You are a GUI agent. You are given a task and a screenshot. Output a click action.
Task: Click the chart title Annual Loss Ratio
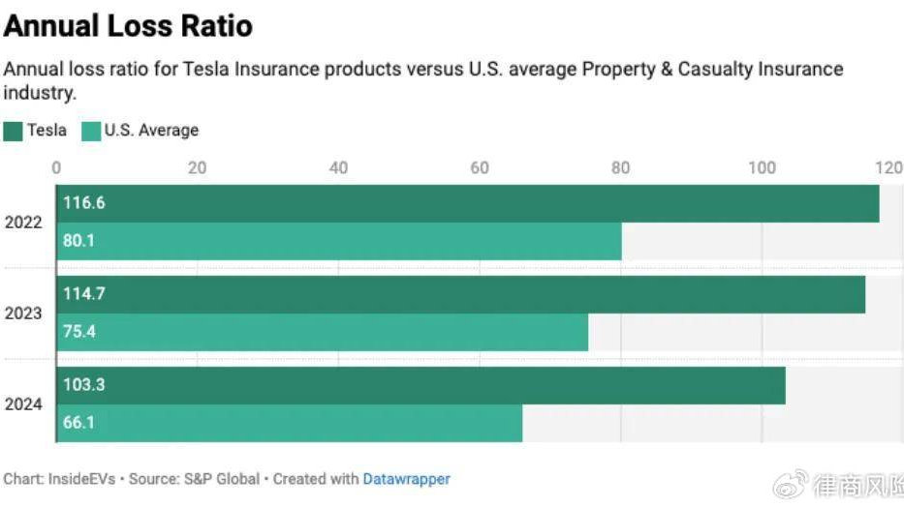click(x=128, y=25)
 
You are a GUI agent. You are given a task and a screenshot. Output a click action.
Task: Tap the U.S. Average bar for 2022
click(x=338, y=241)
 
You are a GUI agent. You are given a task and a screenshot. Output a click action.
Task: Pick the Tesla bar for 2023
click(x=460, y=294)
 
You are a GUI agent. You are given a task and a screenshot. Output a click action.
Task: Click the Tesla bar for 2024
click(x=421, y=385)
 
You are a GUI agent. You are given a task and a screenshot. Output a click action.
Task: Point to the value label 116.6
click(x=84, y=203)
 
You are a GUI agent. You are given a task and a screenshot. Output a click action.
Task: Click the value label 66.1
click(x=79, y=423)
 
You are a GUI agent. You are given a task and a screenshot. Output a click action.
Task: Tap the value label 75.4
click(x=79, y=332)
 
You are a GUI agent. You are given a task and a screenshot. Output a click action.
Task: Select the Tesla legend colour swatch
click(x=13, y=131)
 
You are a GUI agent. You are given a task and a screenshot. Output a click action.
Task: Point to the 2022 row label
click(x=23, y=223)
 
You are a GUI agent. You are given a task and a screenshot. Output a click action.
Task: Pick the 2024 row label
click(x=23, y=404)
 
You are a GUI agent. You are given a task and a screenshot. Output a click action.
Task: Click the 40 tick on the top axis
click(x=338, y=167)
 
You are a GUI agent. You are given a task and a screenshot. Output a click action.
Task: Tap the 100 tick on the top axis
click(x=762, y=167)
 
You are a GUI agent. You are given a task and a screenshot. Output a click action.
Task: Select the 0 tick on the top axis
click(x=56, y=167)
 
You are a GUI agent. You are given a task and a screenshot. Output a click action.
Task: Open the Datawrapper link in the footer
click(x=406, y=478)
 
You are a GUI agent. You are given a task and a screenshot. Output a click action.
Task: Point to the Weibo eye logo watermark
click(x=793, y=483)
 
